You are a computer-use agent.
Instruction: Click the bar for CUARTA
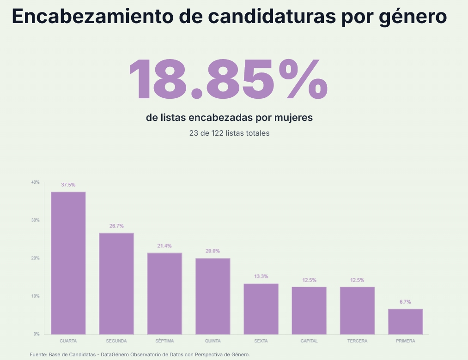click(68, 263)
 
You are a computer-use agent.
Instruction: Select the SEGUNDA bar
click(116, 283)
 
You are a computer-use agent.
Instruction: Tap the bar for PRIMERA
click(405, 321)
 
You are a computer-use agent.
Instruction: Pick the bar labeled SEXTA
click(261, 309)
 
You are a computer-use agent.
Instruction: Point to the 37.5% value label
click(68, 185)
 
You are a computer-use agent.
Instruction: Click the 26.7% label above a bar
click(116, 226)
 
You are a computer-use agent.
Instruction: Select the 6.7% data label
click(405, 302)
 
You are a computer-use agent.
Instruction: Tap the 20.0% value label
click(213, 251)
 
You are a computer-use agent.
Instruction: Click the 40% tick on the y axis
click(36, 182)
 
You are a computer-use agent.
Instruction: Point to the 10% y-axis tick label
click(36, 296)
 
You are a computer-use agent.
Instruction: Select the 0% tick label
click(36, 334)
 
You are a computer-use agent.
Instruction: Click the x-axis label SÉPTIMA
click(164, 341)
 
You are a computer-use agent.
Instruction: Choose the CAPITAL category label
click(309, 341)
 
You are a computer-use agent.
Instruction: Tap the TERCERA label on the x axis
click(357, 341)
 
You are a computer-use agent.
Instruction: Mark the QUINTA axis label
click(213, 341)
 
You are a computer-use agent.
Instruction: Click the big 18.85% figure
click(227, 79)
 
